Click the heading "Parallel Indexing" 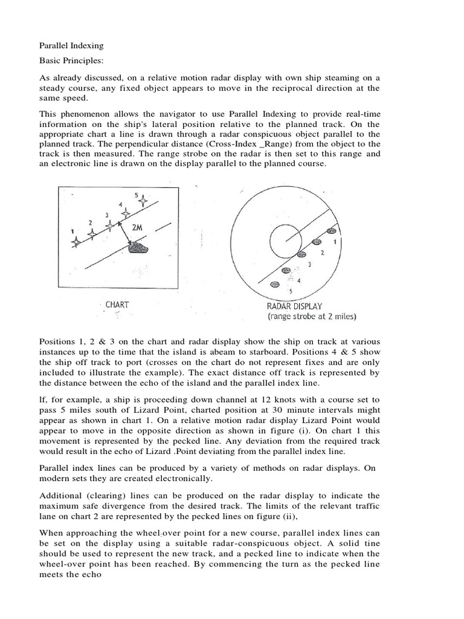pos(71,45)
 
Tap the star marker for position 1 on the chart pos(76,242)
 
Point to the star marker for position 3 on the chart pos(109,225)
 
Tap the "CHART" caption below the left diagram pos(117,305)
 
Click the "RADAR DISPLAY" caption pos(298,305)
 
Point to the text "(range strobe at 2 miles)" pos(312,316)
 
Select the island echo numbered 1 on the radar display pos(330,231)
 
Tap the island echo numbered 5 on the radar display pos(275,284)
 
